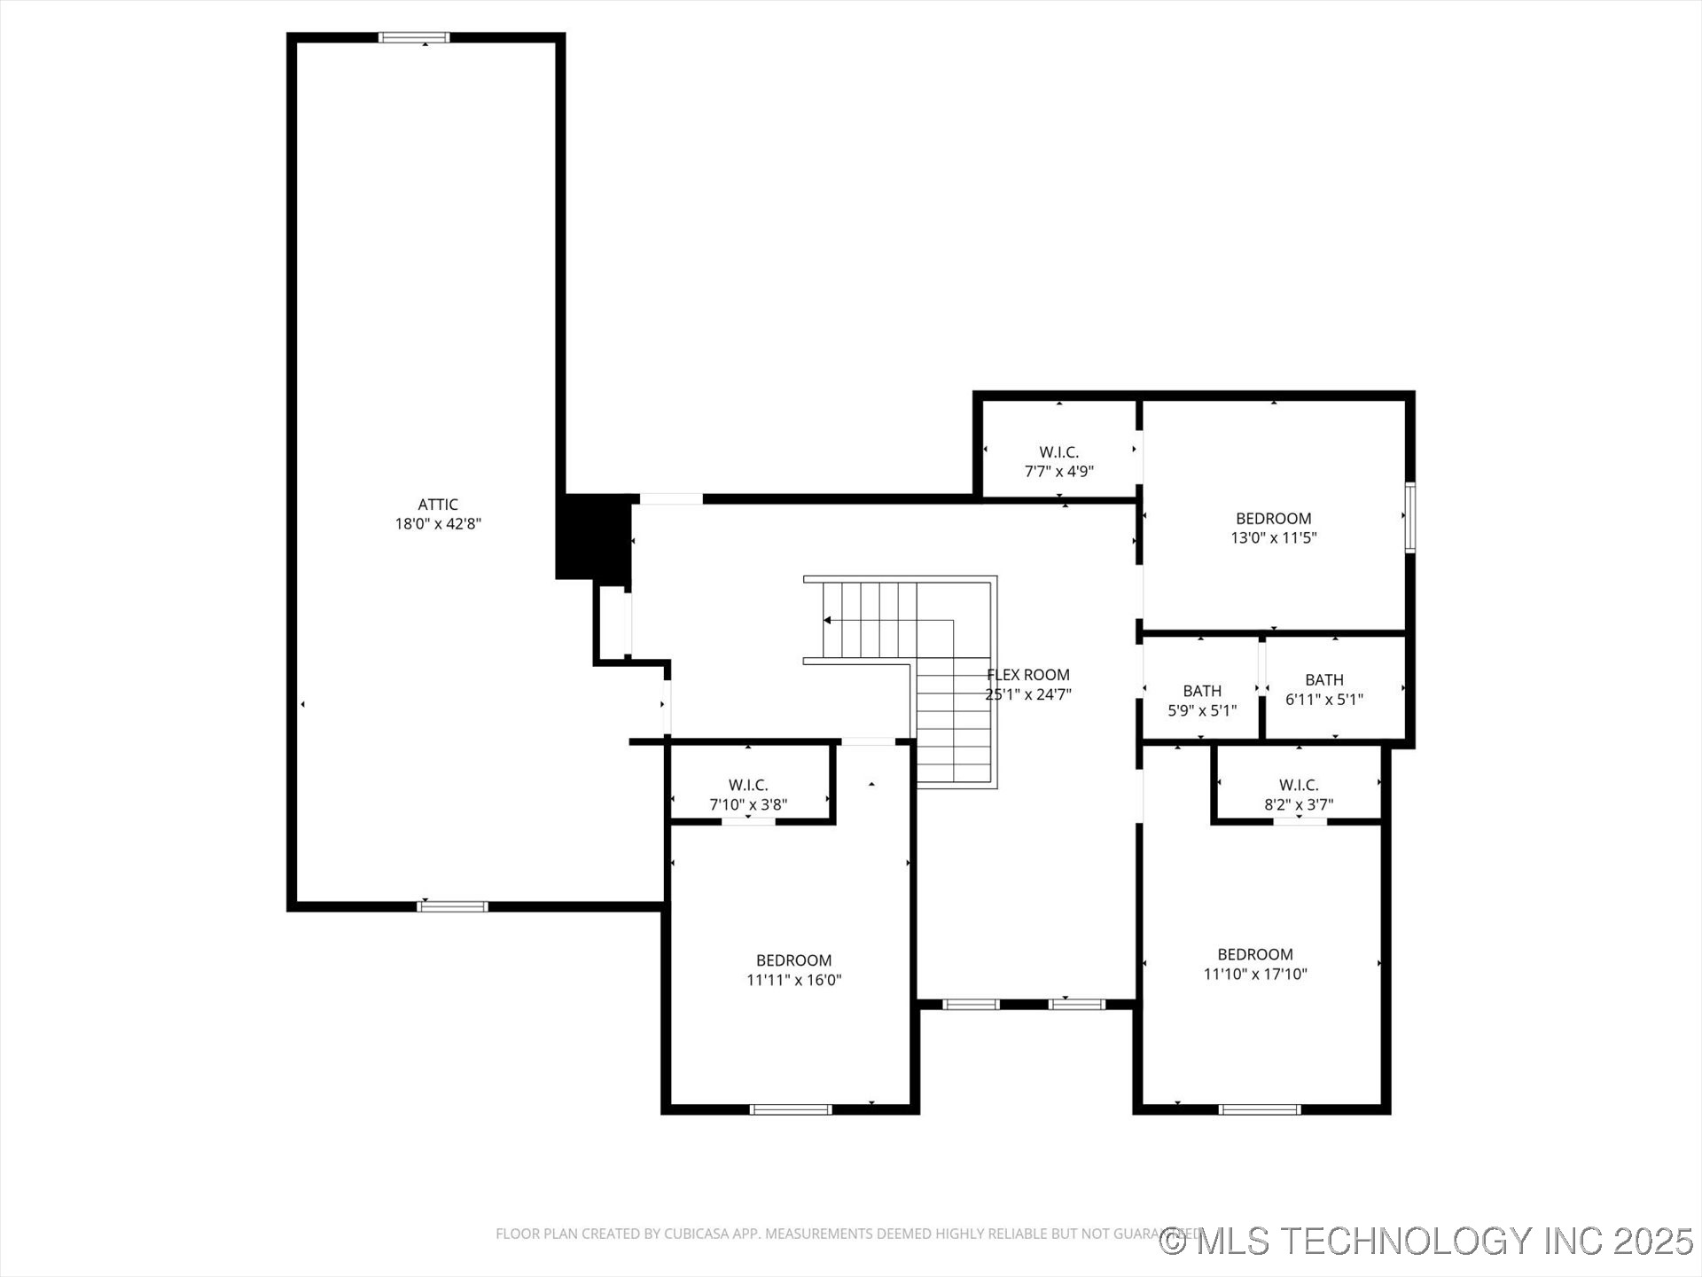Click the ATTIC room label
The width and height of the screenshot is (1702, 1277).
coord(438,505)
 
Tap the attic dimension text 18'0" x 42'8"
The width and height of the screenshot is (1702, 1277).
coord(438,524)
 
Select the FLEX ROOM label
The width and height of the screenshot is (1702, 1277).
coord(1028,675)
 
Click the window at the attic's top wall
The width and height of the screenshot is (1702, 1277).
coord(414,37)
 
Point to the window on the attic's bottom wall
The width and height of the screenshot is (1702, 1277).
coord(452,906)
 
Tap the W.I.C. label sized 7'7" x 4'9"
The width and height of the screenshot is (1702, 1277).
coord(1059,452)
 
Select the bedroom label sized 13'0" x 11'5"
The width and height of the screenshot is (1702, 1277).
coord(1274,519)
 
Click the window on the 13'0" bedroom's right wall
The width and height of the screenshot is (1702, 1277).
coord(1409,518)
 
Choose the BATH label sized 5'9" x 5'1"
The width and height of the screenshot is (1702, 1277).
coord(1202,691)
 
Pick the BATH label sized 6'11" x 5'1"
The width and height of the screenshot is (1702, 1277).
coord(1324,680)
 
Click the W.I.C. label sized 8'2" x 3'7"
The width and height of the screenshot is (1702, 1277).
coord(1299,786)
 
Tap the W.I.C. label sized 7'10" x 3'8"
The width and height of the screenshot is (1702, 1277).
coord(748,786)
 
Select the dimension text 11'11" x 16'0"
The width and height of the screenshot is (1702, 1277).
coord(793,980)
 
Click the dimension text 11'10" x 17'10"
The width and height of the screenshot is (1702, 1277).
coord(1255,974)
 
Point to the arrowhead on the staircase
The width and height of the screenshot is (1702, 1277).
coord(827,620)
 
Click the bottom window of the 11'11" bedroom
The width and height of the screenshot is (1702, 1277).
coord(791,1109)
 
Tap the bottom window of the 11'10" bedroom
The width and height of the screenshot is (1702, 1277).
coord(1260,1109)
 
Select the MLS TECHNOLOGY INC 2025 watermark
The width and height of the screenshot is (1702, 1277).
coord(1427,1241)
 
